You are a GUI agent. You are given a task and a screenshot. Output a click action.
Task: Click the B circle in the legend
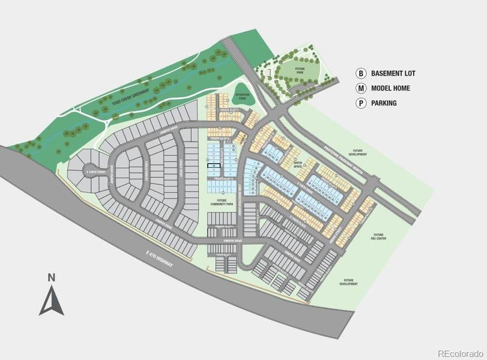pyautogui.click(x=361, y=74)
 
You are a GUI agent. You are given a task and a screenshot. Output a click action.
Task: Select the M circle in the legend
pyautogui.click(x=361, y=88)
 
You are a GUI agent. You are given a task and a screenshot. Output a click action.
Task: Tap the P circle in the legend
pyautogui.click(x=361, y=103)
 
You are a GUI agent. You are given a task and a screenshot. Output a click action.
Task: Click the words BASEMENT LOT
pyautogui.click(x=394, y=74)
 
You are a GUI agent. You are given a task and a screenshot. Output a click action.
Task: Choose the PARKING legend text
pyautogui.click(x=384, y=103)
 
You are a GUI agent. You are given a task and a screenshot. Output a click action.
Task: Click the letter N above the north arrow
pyautogui.click(x=52, y=277)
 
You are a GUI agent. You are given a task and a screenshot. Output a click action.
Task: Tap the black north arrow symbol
pyautogui.click(x=52, y=302)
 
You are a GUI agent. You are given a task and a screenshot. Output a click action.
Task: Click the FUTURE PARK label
pyautogui.click(x=300, y=71)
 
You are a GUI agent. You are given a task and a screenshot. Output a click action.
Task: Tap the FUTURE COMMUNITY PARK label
pyautogui.click(x=222, y=203)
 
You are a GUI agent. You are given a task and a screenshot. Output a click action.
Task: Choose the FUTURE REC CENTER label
pyautogui.click(x=378, y=236)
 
